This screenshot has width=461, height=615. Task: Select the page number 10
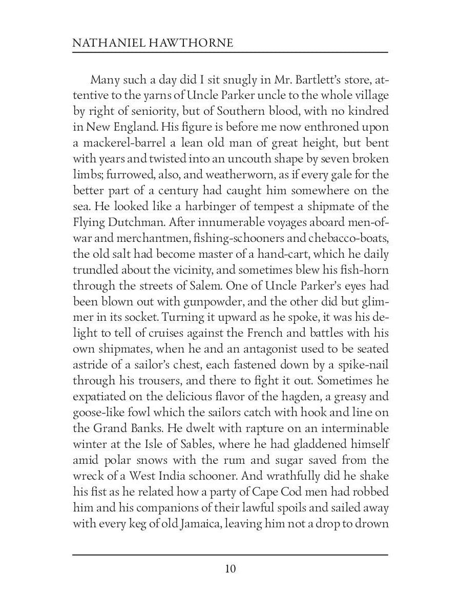(230, 569)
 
